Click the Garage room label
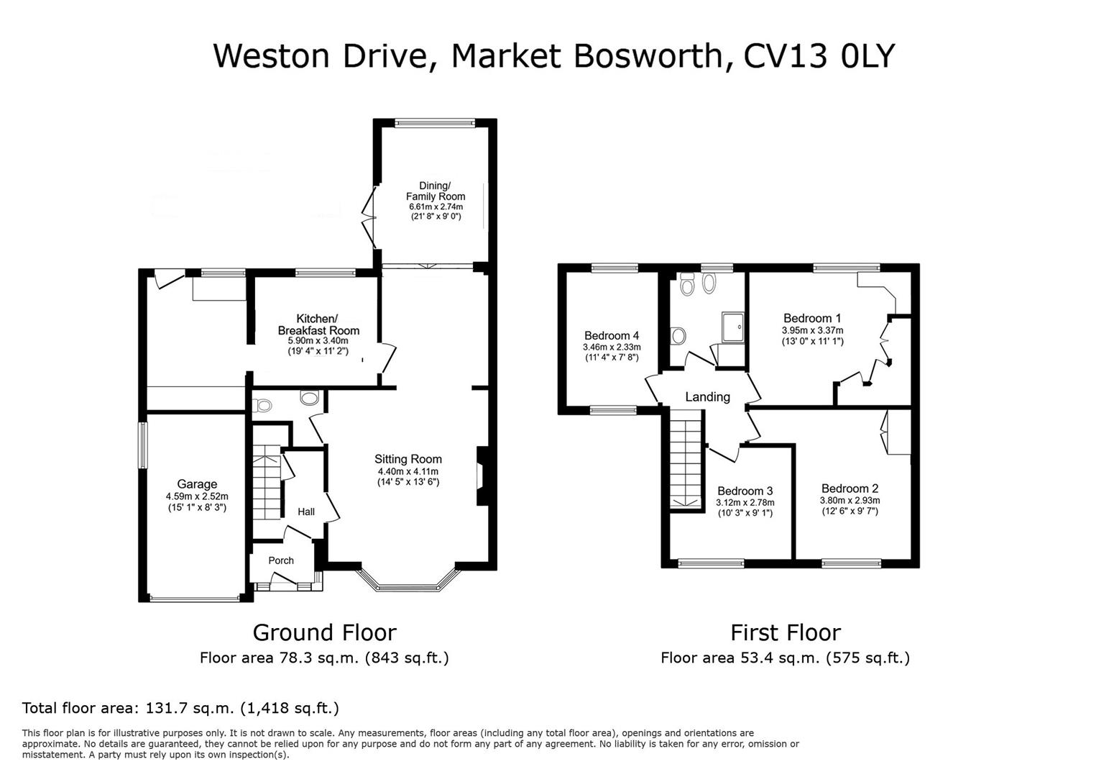click(x=196, y=484)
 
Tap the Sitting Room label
click(x=408, y=459)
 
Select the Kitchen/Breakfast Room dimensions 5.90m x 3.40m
click(x=318, y=341)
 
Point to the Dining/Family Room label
click(x=435, y=191)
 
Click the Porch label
click(x=281, y=560)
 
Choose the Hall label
click(x=306, y=512)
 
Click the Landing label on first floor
click(x=707, y=396)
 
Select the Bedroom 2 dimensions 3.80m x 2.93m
click(x=850, y=501)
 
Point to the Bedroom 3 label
click(x=745, y=491)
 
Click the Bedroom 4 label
click(x=612, y=335)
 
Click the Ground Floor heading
click(x=324, y=632)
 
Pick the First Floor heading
click(x=785, y=632)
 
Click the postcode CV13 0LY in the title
click(x=819, y=55)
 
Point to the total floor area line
click(x=180, y=708)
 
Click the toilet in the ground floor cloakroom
click(x=263, y=406)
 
